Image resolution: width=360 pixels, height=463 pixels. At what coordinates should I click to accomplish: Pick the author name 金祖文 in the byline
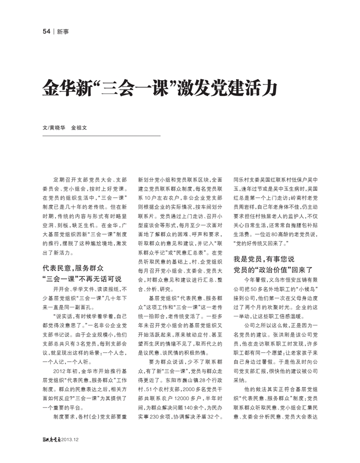point(79,128)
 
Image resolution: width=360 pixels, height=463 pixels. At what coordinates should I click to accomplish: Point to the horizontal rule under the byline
point(101,136)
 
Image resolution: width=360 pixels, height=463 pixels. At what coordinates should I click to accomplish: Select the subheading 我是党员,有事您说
point(264,259)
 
